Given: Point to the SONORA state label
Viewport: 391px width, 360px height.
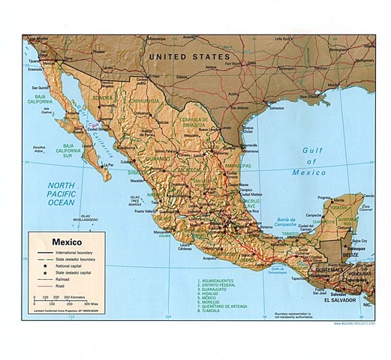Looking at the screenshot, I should point(102,98).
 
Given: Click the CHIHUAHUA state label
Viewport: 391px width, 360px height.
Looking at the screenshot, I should point(146,100).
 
